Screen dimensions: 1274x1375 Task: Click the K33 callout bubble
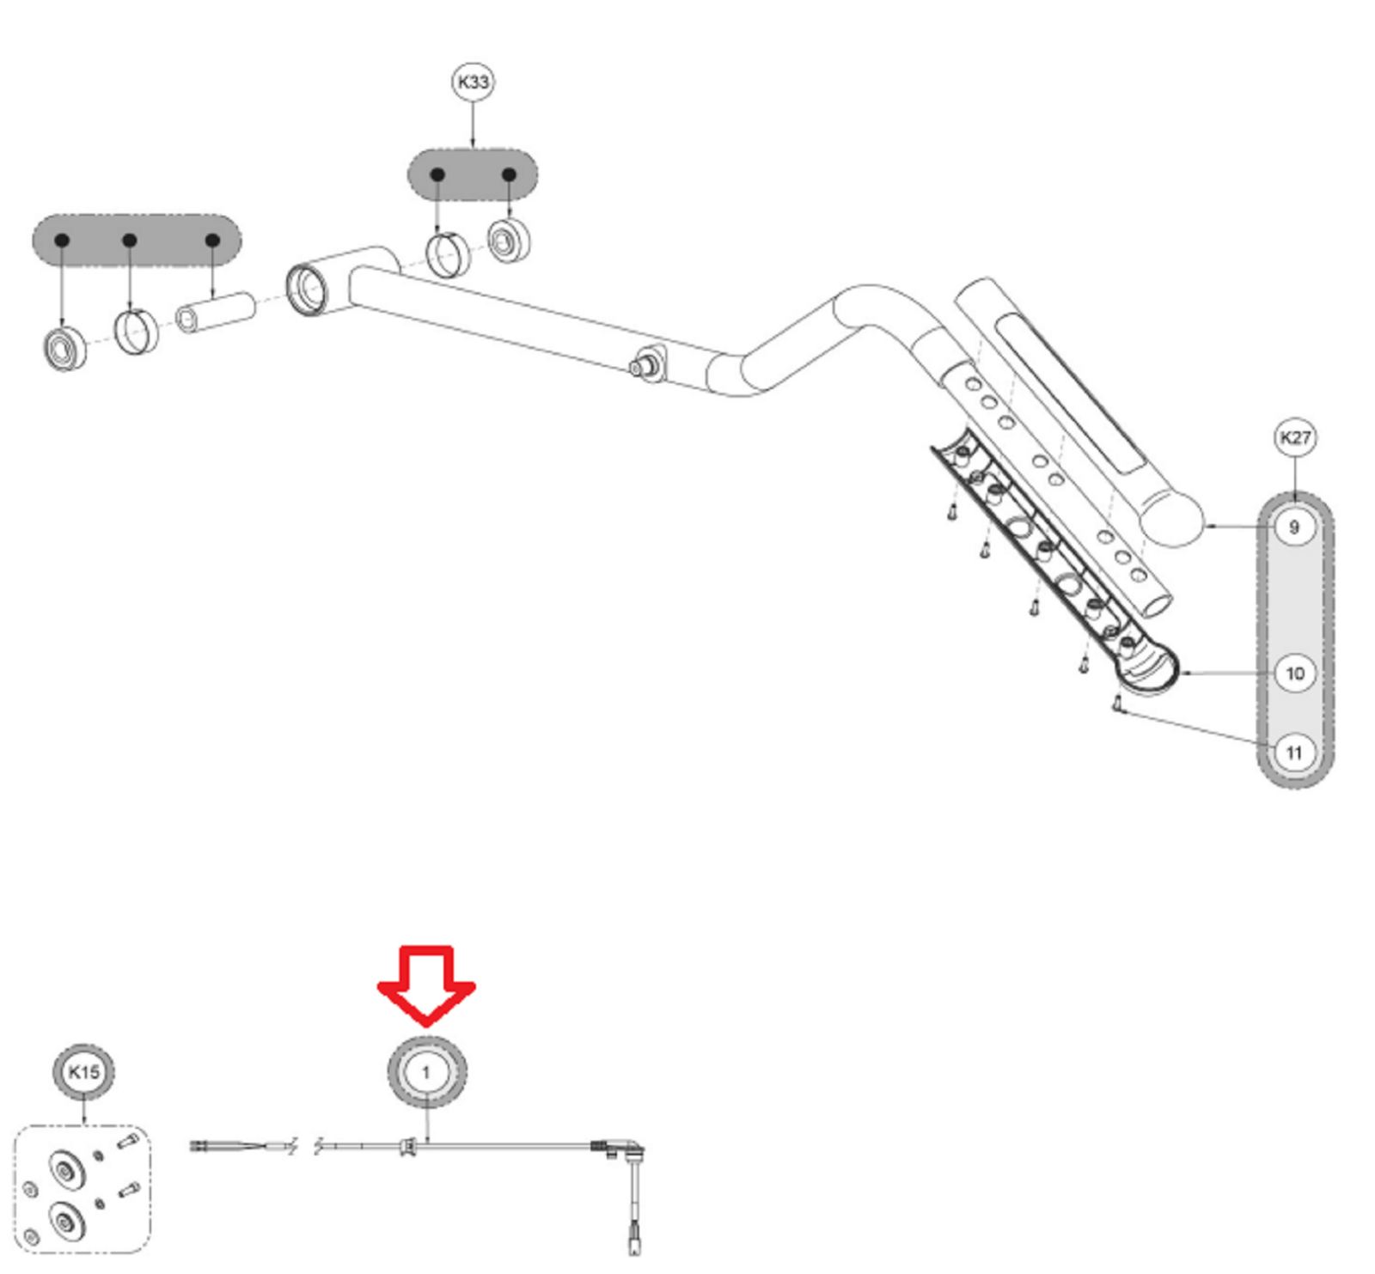[x=473, y=82]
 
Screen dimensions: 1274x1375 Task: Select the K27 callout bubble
[x=1294, y=438]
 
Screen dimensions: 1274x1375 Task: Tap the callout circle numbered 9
[x=1294, y=527]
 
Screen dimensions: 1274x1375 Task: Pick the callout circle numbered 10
[x=1294, y=674]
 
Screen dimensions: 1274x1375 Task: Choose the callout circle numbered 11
[x=1294, y=753]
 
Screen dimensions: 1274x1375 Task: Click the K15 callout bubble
[x=83, y=1071]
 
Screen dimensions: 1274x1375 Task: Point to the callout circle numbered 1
[x=426, y=1072]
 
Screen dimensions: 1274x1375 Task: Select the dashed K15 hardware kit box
[x=82, y=1189]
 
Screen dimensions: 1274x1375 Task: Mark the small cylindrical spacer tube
[x=216, y=312]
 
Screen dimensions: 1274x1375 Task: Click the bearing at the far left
[x=65, y=349]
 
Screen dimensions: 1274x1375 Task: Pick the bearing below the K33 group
[x=509, y=241]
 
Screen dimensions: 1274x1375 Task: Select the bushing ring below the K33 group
[x=448, y=254]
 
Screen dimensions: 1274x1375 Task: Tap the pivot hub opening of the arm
[x=307, y=290]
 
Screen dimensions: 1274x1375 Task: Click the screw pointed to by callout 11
[x=1117, y=704]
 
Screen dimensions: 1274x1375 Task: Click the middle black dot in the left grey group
[x=130, y=241]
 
